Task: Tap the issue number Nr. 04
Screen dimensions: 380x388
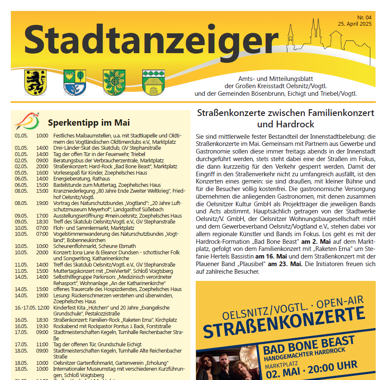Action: (x=364, y=17)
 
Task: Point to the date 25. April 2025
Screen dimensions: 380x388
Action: (x=354, y=24)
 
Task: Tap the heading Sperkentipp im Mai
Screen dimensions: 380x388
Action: (x=88, y=123)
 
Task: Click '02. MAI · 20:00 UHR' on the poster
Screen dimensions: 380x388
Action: (x=311, y=366)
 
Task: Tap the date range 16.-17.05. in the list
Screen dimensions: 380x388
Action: (x=25, y=308)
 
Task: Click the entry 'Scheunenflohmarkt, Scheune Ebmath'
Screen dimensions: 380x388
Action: (x=94, y=246)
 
